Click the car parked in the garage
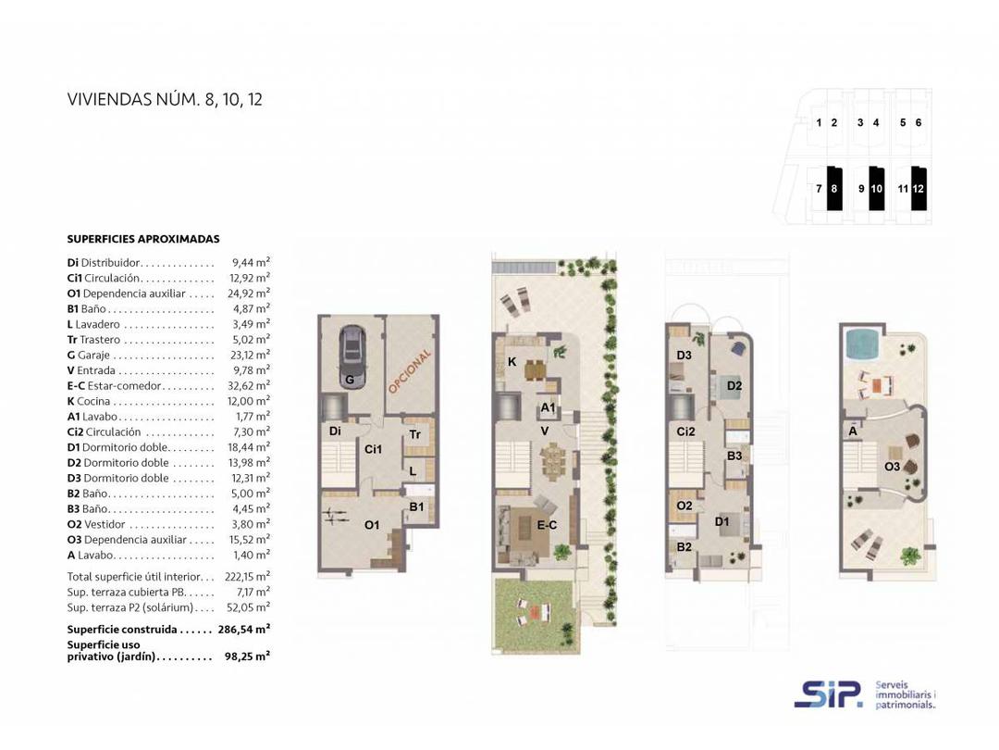(x=351, y=349)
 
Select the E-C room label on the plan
(x=547, y=525)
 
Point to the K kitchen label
(x=512, y=362)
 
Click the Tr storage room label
(x=415, y=434)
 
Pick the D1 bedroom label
(x=722, y=521)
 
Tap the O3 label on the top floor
(x=892, y=467)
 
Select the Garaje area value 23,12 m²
(x=249, y=356)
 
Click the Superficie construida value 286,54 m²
(x=243, y=630)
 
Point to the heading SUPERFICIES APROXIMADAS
(x=143, y=239)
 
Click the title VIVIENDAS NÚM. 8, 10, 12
(x=165, y=99)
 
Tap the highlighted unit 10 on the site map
(x=877, y=188)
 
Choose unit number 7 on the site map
(x=819, y=189)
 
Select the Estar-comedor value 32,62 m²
(x=249, y=386)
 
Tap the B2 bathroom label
(x=684, y=547)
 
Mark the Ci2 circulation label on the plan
(x=685, y=431)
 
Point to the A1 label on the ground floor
(x=548, y=407)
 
